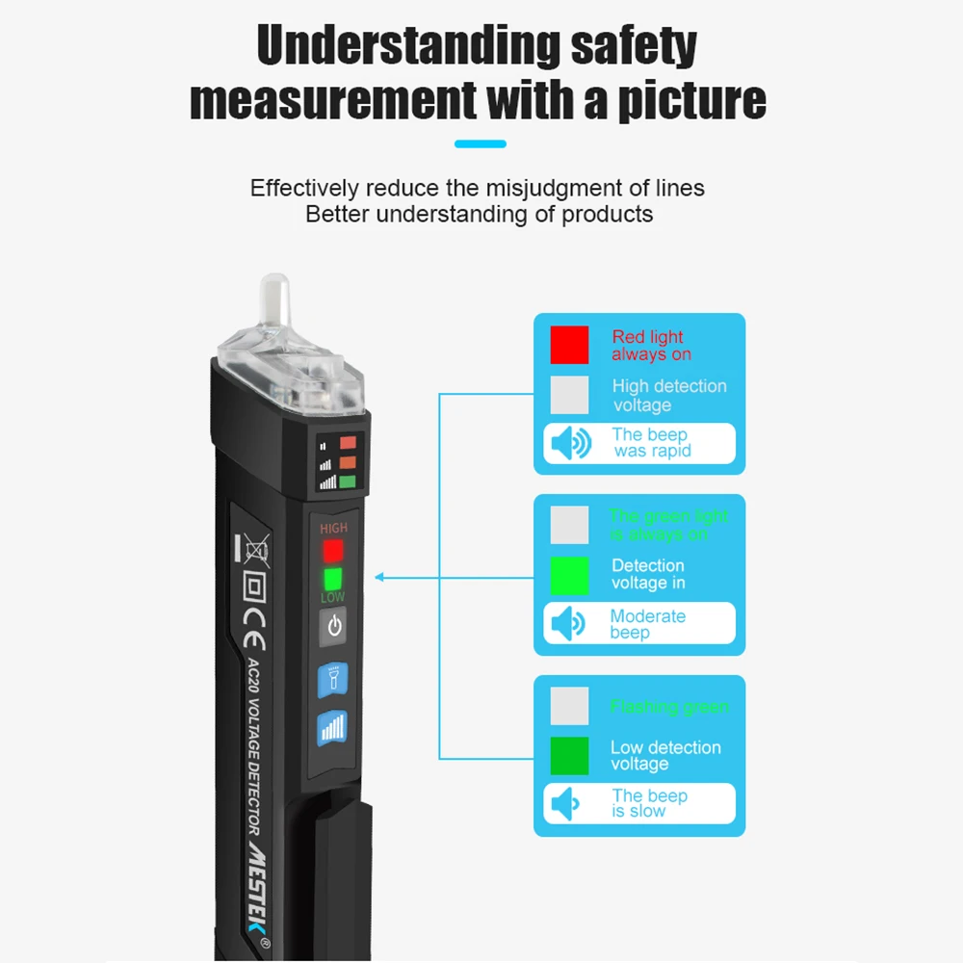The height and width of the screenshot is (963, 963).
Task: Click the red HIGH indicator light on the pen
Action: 333,551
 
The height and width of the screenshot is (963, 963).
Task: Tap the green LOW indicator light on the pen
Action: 333,579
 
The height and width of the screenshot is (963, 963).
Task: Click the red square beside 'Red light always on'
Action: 569,345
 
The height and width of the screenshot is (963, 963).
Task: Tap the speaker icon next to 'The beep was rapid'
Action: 570,444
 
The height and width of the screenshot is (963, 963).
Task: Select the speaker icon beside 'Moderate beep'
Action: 569,624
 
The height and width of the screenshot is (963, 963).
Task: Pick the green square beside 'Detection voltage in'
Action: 569,575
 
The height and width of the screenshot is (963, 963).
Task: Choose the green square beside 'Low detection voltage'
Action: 569,755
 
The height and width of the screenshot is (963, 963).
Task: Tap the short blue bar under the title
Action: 480,144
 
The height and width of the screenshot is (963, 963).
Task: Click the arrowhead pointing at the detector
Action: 379,578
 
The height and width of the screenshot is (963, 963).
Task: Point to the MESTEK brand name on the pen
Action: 258,881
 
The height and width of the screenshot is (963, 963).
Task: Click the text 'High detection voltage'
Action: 668,395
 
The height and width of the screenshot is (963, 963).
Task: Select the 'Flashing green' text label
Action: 668,708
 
